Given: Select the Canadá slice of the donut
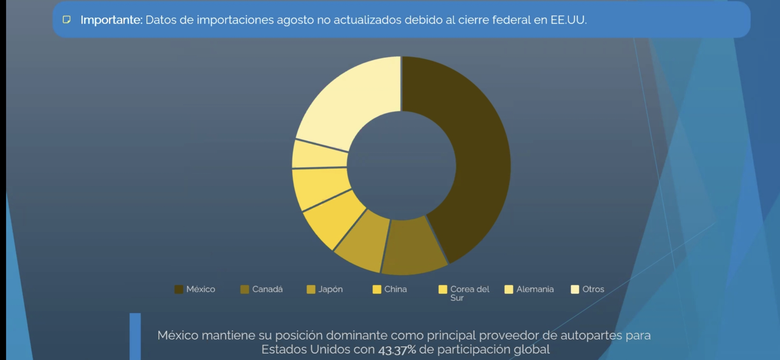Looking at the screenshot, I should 415,247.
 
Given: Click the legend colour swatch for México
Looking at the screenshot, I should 179,289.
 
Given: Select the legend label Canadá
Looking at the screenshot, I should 267,289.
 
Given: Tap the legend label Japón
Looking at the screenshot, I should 330,289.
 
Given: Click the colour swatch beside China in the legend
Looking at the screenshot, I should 377,289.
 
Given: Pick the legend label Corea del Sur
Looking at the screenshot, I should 469,293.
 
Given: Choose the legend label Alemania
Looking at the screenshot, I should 535,289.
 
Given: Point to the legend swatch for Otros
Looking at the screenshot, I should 575,289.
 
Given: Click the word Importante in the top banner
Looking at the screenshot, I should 111,20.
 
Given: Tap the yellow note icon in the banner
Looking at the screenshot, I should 67,20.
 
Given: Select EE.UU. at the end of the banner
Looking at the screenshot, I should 568,20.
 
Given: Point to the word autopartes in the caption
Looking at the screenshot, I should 591,335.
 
